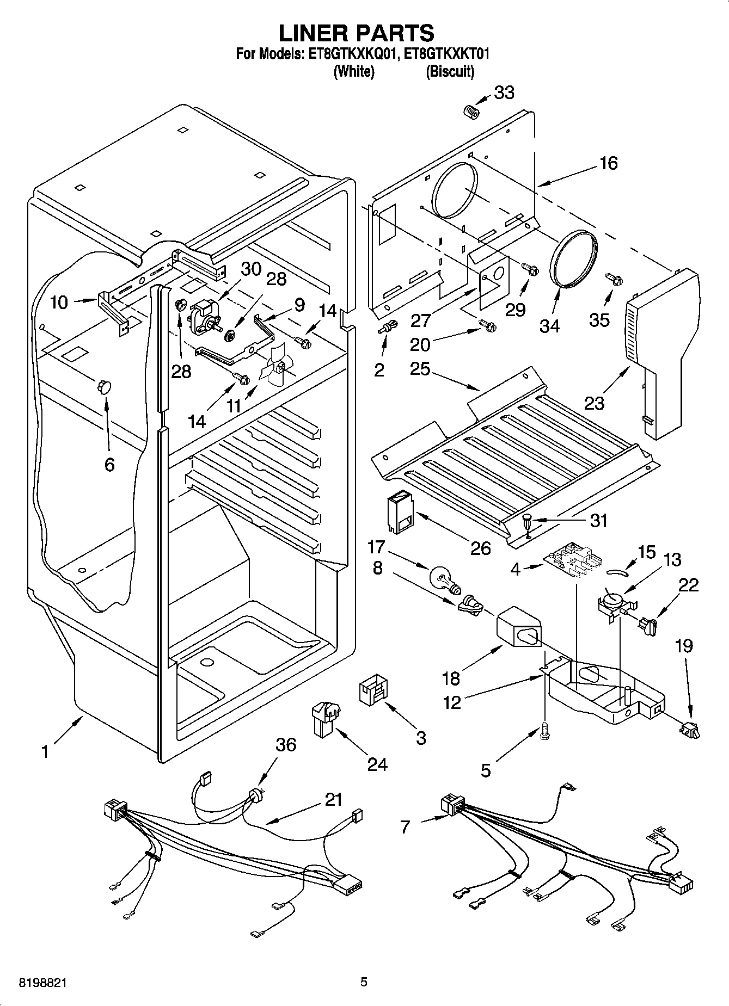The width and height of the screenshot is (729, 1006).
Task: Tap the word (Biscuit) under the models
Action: click(x=450, y=71)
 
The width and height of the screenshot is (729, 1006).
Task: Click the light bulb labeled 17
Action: click(x=444, y=579)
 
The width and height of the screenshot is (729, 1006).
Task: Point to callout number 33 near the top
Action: click(x=504, y=92)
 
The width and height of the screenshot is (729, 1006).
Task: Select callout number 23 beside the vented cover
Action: click(x=595, y=404)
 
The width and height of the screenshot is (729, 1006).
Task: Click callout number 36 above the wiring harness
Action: click(x=285, y=744)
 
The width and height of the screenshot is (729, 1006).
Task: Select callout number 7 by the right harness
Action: click(x=405, y=827)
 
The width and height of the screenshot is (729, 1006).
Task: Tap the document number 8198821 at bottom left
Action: click(x=36, y=983)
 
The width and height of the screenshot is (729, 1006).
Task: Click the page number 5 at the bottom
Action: click(x=364, y=982)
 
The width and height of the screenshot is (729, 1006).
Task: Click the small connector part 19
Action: click(x=690, y=730)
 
